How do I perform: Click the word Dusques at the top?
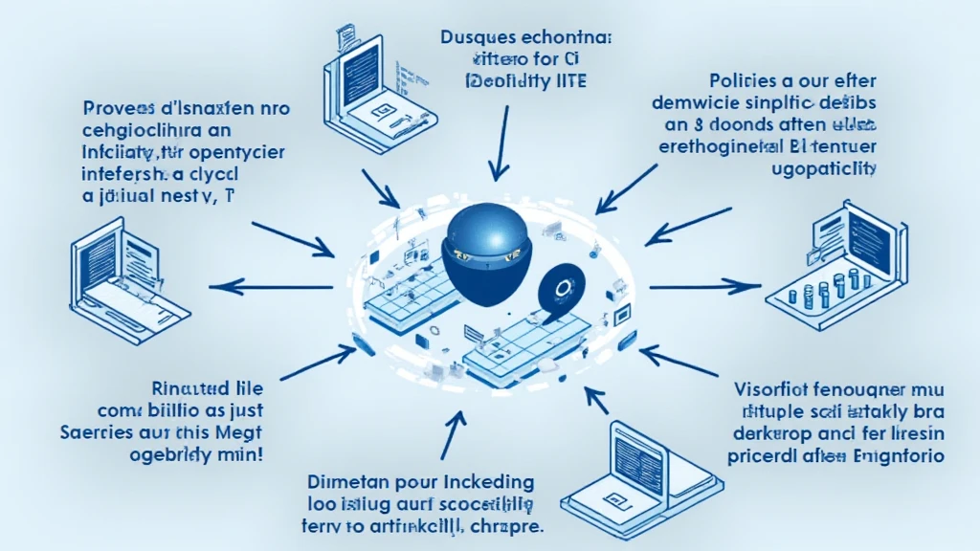pos(476,40)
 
